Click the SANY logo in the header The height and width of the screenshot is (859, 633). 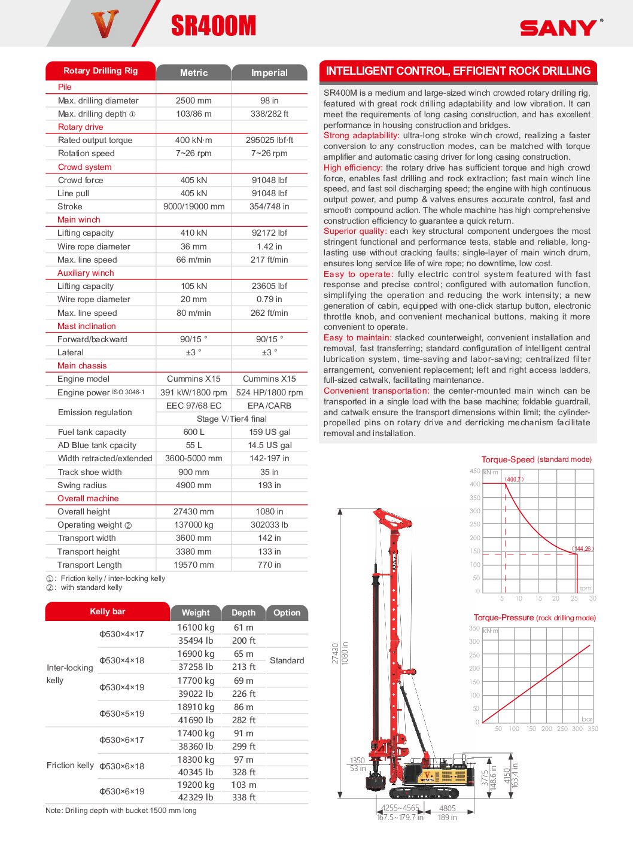(x=558, y=28)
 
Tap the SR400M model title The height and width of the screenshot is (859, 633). (x=214, y=26)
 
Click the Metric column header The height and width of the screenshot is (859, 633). (x=194, y=72)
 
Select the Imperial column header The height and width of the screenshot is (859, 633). (x=269, y=72)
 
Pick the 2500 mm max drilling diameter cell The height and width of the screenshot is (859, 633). (x=193, y=100)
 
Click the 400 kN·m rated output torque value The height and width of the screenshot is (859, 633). (x=193, y=140)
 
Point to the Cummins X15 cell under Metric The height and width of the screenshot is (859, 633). (x=193, y=379)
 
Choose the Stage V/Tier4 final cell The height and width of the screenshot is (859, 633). (x=232, y=419)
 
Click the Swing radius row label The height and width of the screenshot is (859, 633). (x=82, y=485)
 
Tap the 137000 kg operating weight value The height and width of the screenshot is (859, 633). (x=193, y=525)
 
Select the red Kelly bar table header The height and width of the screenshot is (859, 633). (x=107, y=611)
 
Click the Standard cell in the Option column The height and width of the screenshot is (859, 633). (x=287, y=660)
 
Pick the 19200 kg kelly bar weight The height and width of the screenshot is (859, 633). (x=196, y=785)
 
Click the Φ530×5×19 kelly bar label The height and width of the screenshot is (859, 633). (x=121, y=714)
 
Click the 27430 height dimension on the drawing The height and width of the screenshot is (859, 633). (x=335, y=653)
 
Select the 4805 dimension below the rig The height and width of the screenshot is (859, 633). (x=448, y=808)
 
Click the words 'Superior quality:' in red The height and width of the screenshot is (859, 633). (x=355, y=231)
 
